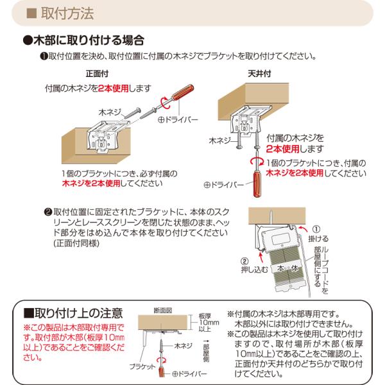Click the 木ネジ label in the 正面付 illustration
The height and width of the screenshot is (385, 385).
pos(111,111)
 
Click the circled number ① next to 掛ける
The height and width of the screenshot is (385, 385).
pos(315,229)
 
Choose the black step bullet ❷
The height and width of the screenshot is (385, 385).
pos(47,212)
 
